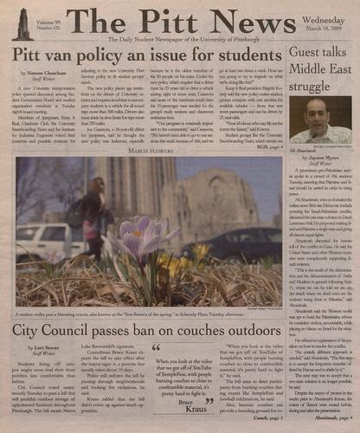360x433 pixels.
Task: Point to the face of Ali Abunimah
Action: point(315,113)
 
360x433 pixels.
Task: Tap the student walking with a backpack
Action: point(92,212)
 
